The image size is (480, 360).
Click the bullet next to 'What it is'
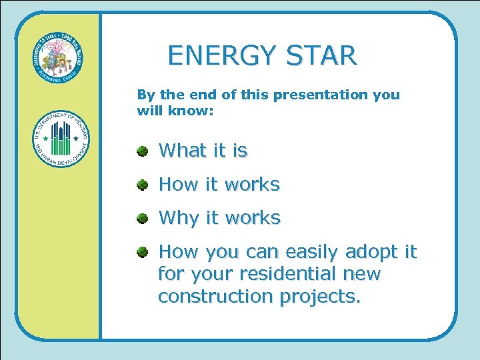pyautogui.click(x=143, y=151)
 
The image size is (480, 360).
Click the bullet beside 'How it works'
pyautogui.click(x=143, y=185)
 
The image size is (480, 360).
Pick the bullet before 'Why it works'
pyautogui.click(x=143, y=218)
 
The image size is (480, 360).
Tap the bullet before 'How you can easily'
pyautogui.click(x=143, y=252)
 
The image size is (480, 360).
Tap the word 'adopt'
pyautogui.click(x=373, y=252)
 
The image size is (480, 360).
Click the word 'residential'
pyautogui.click(x=291, y=274)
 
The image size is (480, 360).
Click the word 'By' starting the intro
pyautogui.click(x=145, y=95)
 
